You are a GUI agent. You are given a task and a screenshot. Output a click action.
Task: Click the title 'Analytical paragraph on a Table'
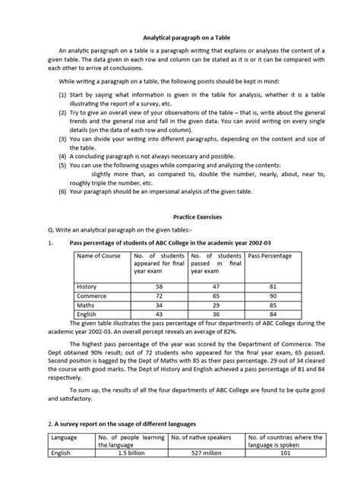(x=180, y=37)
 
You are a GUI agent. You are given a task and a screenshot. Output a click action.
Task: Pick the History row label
(x=87, y=286)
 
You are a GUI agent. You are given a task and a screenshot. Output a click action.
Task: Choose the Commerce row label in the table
(x=91, y=295)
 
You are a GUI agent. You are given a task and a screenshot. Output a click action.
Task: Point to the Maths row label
(x=87, y=304)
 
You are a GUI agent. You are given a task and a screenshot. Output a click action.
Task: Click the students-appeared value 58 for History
(x=159, y=286)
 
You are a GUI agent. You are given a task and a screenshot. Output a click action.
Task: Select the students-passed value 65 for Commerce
(x=216, y=295)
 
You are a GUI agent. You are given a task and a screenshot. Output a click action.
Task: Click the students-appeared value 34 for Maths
(x=159, y=304)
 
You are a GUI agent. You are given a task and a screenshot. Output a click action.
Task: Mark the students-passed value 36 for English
(x=216, y=313)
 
